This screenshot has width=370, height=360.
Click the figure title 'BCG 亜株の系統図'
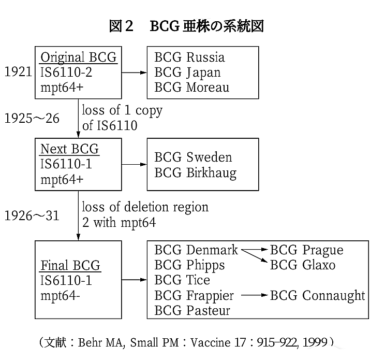(x=206, y=26)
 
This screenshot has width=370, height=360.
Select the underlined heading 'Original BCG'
(x=79, y=57)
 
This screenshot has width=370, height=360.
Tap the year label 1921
(x=18, y=71)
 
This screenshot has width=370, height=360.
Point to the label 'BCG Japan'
(x=188, y=73)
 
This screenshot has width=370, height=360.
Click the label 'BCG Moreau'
(x=191, y=87)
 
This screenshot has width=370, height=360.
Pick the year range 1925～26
(x=32, y=118)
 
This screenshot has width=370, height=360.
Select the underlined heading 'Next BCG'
(x=70, y=149)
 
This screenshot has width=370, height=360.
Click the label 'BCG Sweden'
(x=193, y=157)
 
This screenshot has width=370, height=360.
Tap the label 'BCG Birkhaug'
(x=196, y=173)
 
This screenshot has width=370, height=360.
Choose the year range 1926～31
(x=32, y=215)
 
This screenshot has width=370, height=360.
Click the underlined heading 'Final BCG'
(x=70, y=265)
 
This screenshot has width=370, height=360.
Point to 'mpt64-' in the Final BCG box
(x=60, y=296)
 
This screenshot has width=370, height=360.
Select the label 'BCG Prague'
(x=306, y=250)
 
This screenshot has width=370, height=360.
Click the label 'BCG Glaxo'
(x=303, y=265)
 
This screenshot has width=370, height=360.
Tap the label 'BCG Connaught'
(x=317, y=296)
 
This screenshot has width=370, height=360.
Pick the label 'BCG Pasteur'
(x=192, y=310)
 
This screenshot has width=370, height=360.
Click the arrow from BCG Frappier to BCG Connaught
(x=255, y=295)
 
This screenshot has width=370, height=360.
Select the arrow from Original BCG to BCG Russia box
(x=134, y=73)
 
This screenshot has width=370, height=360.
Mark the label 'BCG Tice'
(x=182, y=280)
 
